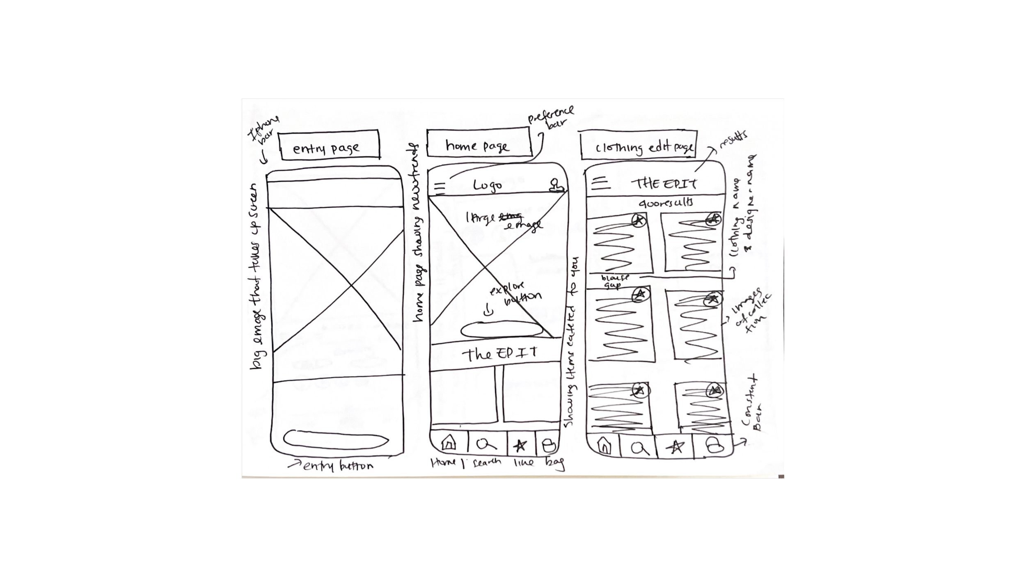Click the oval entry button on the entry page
336,440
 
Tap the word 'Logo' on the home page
488,185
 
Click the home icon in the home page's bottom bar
449,443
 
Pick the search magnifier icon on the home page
486,444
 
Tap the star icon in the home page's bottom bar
520,445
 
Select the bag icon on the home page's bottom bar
549,445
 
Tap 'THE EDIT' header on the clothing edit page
664,183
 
